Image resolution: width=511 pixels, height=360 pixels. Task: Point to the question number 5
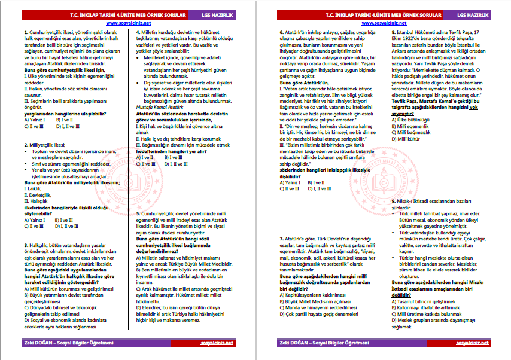click(138, 213)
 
